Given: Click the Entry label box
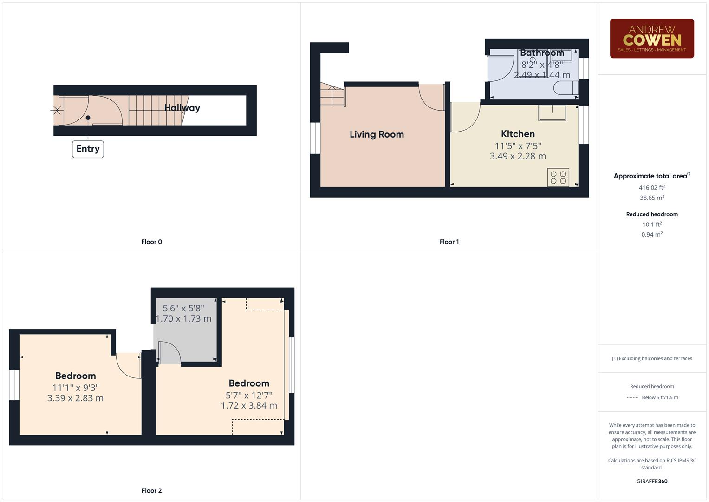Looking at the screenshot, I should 88,149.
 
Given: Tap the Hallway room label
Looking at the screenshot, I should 182,108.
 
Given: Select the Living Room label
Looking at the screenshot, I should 377,134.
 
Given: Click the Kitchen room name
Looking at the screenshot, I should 518,134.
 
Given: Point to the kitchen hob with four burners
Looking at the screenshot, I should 558,177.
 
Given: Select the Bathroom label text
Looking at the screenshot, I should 542,53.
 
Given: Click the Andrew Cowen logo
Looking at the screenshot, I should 652,39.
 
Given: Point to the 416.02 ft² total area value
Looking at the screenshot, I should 652,188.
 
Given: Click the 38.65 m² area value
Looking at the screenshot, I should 652,198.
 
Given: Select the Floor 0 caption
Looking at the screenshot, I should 151,242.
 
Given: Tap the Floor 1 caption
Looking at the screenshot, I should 449,242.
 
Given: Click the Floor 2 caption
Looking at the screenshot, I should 151,490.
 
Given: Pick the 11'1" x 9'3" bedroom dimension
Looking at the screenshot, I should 75,388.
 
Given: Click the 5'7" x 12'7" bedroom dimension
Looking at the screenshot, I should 249,395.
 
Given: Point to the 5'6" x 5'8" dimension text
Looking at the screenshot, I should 183,308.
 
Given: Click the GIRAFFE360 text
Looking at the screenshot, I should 652,481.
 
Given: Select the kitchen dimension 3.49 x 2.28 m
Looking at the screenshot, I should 518,156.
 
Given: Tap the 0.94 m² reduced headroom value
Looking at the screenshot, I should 652,235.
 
